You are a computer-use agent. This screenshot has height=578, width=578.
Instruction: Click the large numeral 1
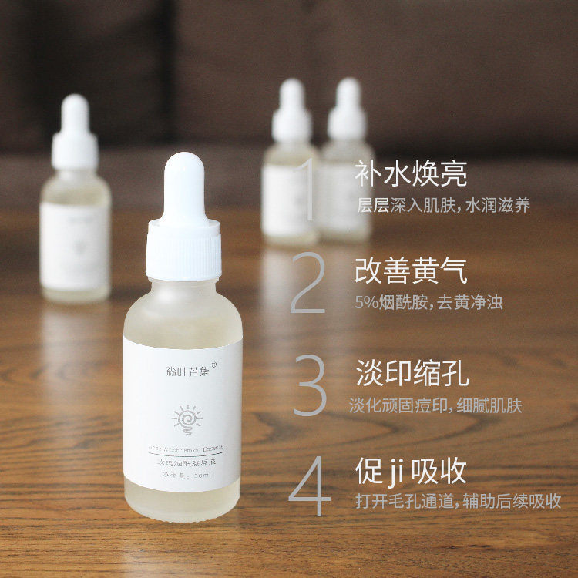(x=309, y=189)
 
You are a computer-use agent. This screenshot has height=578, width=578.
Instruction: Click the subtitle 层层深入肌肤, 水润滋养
(x=443, y=206)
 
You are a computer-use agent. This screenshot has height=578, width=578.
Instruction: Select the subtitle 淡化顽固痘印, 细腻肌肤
(x=435, y=405)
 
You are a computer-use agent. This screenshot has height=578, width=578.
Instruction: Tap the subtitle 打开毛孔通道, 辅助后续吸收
(x=458, y=501)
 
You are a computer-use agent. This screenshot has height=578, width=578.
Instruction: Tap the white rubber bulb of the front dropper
(x=183, y=185)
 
